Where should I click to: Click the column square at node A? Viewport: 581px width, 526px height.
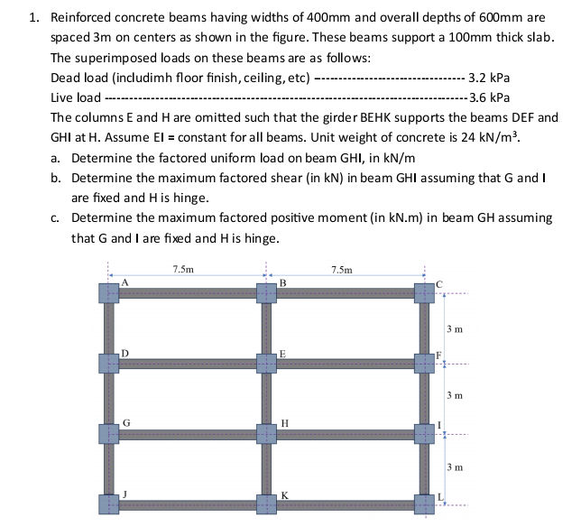[x=109, y=293]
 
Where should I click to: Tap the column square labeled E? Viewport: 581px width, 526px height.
[x=267, y=363]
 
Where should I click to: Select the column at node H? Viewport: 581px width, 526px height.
[x=267, y=433]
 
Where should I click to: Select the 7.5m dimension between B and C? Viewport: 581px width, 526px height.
[x=343, y=269]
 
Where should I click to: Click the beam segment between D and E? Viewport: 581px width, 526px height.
[x=188, y=363]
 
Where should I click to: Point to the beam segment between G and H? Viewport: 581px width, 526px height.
[x=188, y=433]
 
